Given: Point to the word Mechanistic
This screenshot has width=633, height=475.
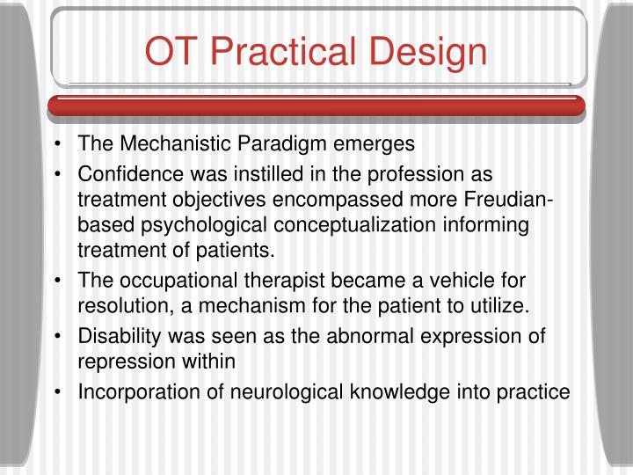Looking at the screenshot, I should click(x=163, y=142).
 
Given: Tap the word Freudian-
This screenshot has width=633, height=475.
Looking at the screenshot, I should click(x=513, y=200).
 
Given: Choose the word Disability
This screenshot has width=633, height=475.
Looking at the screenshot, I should click(x=117, y=338).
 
